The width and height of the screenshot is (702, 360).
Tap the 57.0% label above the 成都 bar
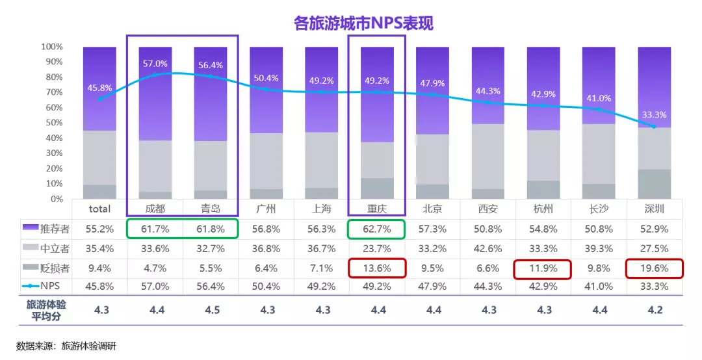[155, 64]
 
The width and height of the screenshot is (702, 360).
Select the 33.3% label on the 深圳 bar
[654, 114]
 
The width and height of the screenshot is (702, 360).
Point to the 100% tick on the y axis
[51, 47]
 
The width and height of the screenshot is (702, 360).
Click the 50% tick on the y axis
[53, 123]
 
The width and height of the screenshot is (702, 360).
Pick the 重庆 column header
[377, 209]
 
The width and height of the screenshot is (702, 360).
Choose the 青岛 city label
[211, 209]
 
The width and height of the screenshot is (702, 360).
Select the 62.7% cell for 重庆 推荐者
[377, 229]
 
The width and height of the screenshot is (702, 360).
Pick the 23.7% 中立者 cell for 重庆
[377, 249]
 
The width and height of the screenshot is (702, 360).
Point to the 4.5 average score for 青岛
[211, 310]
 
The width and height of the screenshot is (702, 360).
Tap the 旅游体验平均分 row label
[45, 310]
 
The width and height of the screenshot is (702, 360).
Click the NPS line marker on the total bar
[99, 99]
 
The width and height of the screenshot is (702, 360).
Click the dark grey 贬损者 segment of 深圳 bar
[654, 184]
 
